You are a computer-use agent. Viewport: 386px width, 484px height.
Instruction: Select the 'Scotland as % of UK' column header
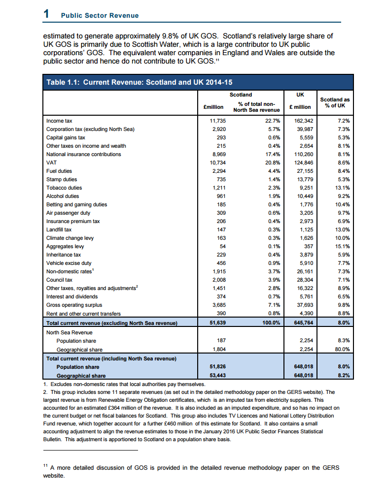point(335,102)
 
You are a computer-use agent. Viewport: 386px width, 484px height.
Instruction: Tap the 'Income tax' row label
point(59,121)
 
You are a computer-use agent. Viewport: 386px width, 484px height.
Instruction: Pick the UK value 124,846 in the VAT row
point(301,162)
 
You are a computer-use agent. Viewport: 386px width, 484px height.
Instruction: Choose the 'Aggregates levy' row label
point(65,246)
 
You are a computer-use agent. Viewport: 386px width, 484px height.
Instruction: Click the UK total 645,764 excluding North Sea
point(301,323)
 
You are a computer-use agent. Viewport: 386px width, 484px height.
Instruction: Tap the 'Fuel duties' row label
point(59,171)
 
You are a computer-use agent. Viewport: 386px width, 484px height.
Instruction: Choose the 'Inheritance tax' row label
point(64,255)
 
